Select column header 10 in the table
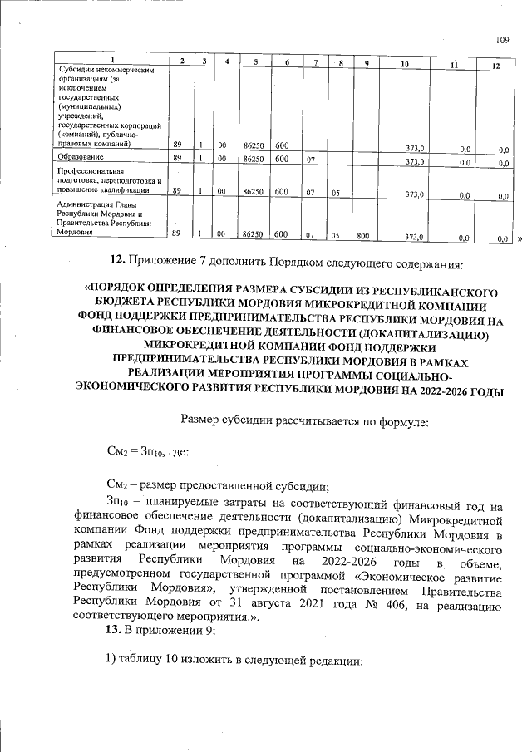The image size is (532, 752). [x=405, y=64]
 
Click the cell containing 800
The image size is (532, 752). [x=362, y=235]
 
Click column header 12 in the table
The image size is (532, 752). [x=495, y=65]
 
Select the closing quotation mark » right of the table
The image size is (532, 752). [x=520, y=238]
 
